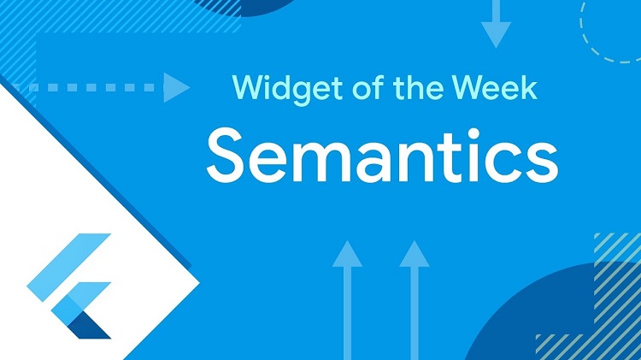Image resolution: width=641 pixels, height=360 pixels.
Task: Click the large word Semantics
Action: pos(382,156)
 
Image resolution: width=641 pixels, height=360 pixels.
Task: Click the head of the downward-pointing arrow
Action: pos(496,34)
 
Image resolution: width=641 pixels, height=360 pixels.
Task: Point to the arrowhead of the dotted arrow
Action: pos(176,86)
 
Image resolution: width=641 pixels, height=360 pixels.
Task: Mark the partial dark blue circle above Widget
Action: pos(248,7)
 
